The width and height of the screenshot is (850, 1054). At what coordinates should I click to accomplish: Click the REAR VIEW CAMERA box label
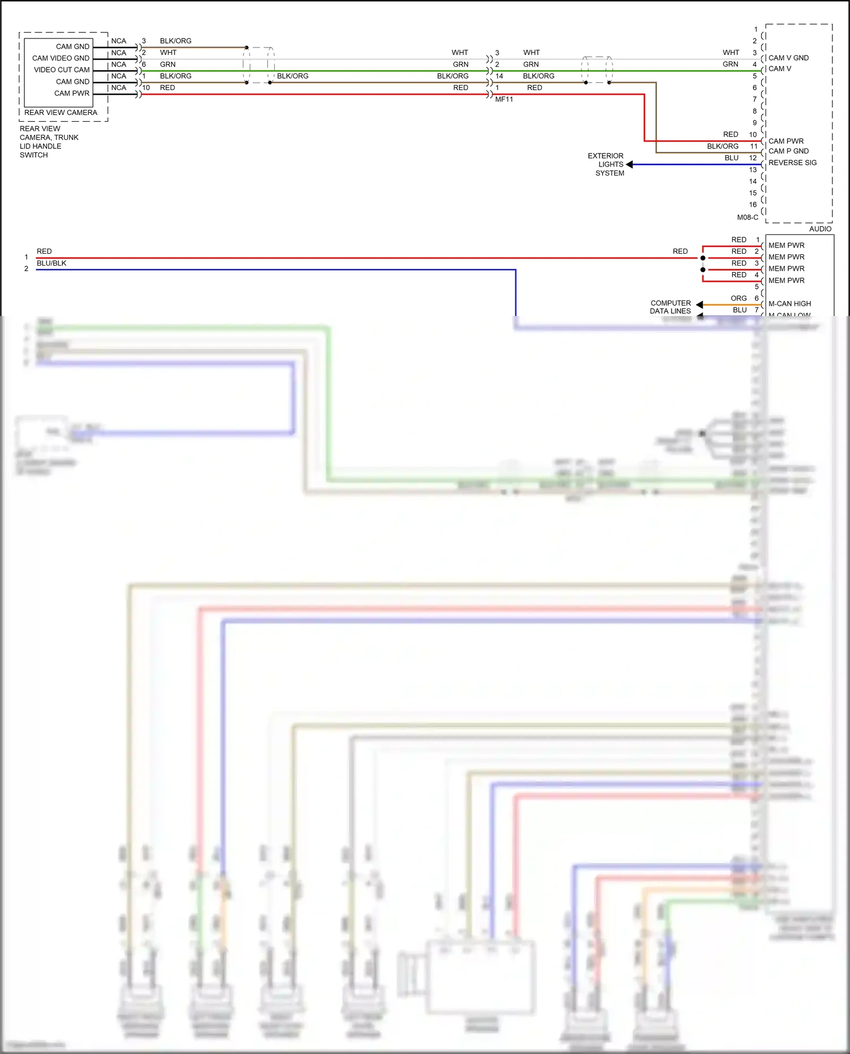click(61, 113)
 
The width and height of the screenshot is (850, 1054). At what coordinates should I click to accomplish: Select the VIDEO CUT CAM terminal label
click(62, 70)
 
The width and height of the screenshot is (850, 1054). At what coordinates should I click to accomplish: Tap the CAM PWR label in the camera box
click(72, 93)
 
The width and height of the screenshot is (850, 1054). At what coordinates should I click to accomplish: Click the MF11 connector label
click(504, 100)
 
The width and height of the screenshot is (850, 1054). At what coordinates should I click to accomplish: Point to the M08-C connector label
click(747, 217)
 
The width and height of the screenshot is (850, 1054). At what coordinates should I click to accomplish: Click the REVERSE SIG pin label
click(792, 163)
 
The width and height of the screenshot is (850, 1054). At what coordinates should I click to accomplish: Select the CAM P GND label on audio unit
click(788, 151)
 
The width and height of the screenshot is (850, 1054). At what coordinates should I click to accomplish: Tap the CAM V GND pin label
click(788, 58)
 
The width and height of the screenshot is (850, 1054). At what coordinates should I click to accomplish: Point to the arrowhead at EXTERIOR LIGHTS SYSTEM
click(630, 165)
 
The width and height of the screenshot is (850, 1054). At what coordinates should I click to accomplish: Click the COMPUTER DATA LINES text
click(670, 307)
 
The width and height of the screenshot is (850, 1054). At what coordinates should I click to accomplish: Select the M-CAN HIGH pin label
click(789, 304)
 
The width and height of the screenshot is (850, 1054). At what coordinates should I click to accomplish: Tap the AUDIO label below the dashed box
click(820, 229)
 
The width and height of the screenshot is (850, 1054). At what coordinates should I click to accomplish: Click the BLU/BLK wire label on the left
click(52, 263)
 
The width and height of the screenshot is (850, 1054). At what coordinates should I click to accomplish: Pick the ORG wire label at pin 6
click(738, 298)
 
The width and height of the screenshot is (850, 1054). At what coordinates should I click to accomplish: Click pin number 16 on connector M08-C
click(753, 205)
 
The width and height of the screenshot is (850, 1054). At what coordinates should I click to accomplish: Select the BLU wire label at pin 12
click(732, 158)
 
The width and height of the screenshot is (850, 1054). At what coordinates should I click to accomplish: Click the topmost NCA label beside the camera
click(118, 41)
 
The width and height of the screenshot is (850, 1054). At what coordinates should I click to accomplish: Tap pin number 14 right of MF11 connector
click(499, 76)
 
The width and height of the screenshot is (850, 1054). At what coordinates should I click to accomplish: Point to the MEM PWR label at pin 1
click(786, 246)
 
